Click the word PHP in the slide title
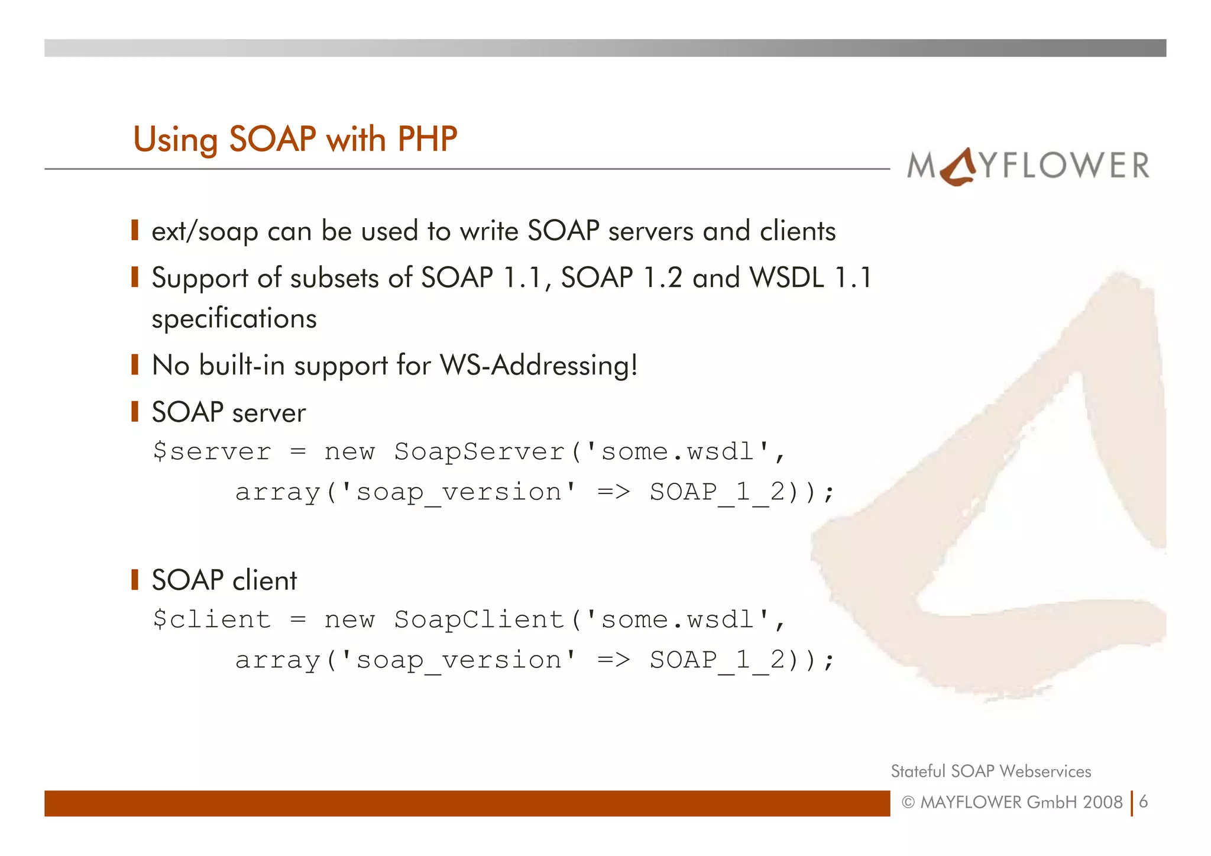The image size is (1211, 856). coord(427,140)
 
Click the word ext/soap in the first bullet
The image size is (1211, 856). coord(205,231)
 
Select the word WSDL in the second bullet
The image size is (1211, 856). coord(786,277)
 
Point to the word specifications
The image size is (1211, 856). coord(234,319)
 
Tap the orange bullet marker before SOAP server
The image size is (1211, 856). coord(135,411)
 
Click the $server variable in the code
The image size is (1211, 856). coord(212,452)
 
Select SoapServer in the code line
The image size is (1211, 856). coord(480,452)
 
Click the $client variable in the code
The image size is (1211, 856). coord(212,620)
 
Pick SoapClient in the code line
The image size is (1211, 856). coord(480,620)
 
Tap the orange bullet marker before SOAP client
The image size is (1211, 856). coord(135,579)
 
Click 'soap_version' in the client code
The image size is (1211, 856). coord(458,660)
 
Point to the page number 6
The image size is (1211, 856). coord(1144,802)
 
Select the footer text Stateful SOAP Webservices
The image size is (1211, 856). coord(990,771)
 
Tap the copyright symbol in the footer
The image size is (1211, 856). coord(908,803)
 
